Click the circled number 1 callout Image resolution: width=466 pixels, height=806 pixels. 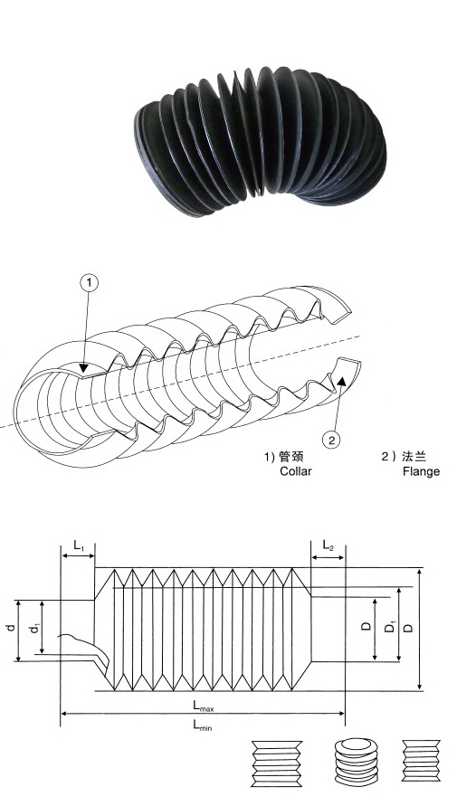pyautogui.click(x=89, y=282)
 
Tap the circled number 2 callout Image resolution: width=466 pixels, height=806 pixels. pyautogui.click(x=332, y=440)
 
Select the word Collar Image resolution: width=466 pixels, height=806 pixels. pyautogui.click(x=296, y=471)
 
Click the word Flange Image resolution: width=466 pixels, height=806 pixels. pyautogui.click(x=422, y=471)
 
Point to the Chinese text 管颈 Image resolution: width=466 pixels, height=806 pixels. pyautogui.click(x=291, y=456)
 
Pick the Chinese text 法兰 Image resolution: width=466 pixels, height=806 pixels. pyautogui.click(x=414, y=456)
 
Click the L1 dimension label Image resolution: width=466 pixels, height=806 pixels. pyautogui.click(x=79, y=545)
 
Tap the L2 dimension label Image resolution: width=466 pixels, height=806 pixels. pyautogui.click(x=328, y=545)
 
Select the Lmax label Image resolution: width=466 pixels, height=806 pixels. pyautogui.click(x=204, y=706)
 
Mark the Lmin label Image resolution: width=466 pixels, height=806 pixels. pyautogui.click(x=202, y=725)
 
